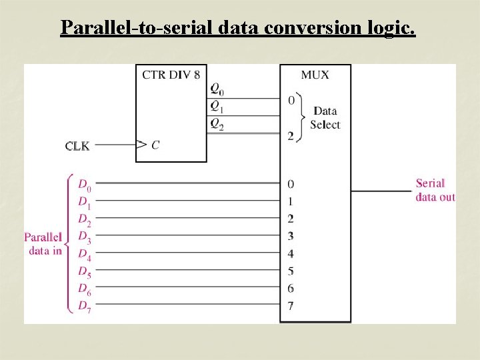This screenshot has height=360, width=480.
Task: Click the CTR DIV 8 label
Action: pyautogui.click(x=171, y=74)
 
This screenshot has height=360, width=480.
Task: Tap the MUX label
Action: pyautogui.click(x=315, y=75)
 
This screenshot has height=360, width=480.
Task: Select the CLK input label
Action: pyautogui.click(x=77, y=145)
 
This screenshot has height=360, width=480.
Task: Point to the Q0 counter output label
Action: pyautogui.click(x=217, y=88)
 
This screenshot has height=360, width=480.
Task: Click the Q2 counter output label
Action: pyautogui.click(x=217, y=123)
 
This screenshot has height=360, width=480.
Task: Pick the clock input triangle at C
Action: pyautogui.click(x=141, y=144)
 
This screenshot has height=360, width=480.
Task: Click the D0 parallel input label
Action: pyautogui.click(x=85, y=184)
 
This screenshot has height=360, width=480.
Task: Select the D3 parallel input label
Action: pyautogui.click(x=85, y=236)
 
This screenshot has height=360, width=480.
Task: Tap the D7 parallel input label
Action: pyautogui.click(x=85, y=306)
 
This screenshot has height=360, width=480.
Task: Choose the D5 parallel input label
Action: pyautogui.click(x=85, y=271)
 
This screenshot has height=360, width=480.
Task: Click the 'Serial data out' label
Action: pyautogui.click(x=435, y=190)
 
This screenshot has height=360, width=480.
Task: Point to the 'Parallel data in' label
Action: pyautogui.click(x=43, y=244)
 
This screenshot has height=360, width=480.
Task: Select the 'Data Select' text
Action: pyautogui.click(x=325, y=118)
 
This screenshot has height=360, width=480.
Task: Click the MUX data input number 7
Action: pyautogui.click(x=291, y=306)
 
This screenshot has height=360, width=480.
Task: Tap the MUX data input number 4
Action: pyautogui.click(x=291, y=253)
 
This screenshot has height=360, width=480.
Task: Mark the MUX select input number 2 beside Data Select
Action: pyautogui.click(x=291, y=136)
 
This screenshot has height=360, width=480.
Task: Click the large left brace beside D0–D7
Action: pyautogui.click(x=69, y=243)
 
